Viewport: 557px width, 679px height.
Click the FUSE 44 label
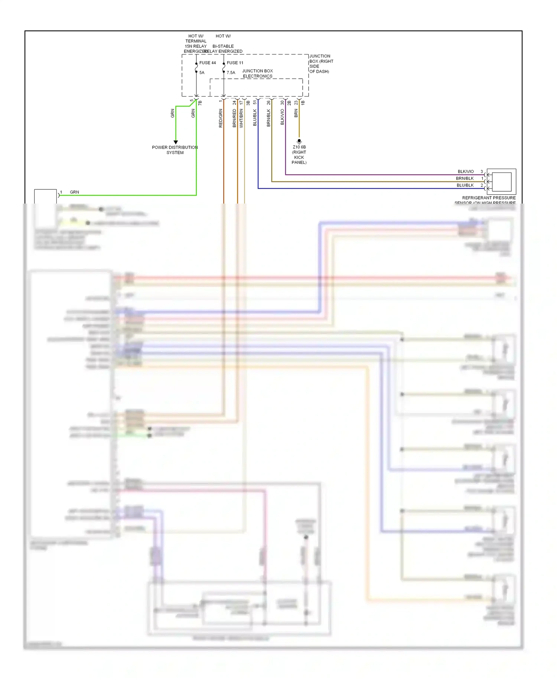pyautogui.click(x=207, y=63)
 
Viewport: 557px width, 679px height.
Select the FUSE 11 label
pyautogui.click(x=235, y=63)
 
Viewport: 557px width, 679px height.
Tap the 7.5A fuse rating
pyautogui.click(x=231, y=73)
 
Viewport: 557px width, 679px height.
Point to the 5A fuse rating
pyautogui.click(x=202, y=73)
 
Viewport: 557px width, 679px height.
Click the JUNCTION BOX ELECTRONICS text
pyautogui.click(x=257, y=74)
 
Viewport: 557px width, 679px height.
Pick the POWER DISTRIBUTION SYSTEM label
pyautogui.click(x=175, y=150)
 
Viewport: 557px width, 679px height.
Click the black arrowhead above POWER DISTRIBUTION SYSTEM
pyautogui.click(x=176, y=142)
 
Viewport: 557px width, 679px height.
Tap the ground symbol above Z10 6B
pyautogui.click(x=299, y=142)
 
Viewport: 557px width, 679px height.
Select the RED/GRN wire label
pyautogui.click(x=221, y=118)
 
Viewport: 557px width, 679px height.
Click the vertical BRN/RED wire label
pyautogui.click(x=234, y=118)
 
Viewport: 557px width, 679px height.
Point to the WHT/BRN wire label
pyautogui.click(x=241, y=118)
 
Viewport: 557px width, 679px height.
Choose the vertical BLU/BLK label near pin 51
pyautogui.click(x=255, y=117)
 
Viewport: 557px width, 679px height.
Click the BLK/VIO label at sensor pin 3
pyautogui.click(x=465, y=172)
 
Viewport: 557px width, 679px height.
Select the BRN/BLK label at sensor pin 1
pyautogui.click(x=465, y=178)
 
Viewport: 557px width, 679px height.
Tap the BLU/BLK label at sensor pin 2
pyautogui.click(x=465, y=185)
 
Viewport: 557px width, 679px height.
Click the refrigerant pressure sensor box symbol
pyautogui.click(x=501, y=182)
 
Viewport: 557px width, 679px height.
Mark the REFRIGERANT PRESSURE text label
pyautogui.click(x=488, y=198)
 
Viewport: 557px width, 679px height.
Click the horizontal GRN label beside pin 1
pyautogui.click(x=74, y=192)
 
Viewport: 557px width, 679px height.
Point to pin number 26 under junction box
pyautogui.click(x=268, y=103)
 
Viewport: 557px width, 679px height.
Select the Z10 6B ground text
pyautogui.click(x=299, y=147)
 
